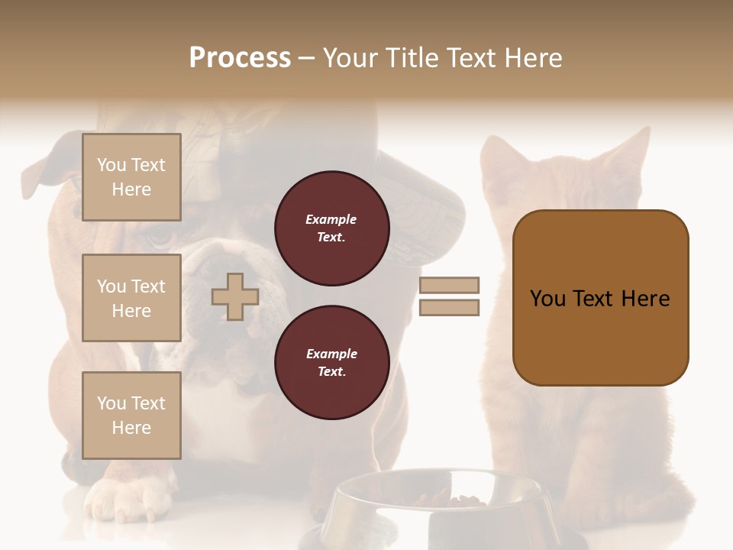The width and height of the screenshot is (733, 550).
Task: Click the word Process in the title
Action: tap(240, 58)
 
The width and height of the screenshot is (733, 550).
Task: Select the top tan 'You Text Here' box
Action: tap(131, 177)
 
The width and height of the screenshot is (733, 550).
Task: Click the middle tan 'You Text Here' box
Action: tap(131, 298)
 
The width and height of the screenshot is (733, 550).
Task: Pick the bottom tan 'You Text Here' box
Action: tap(131, 416)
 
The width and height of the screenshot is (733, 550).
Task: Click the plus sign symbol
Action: tap(235, 296)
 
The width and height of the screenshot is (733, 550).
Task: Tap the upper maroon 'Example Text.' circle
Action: tap(331, 228)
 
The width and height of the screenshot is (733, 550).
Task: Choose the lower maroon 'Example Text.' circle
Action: tap(331, 363)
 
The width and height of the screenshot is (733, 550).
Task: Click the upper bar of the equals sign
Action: tap(449, 285)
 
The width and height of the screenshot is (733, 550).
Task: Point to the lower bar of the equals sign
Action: tap(449, 307)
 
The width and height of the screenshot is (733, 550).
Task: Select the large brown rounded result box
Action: tap(600, 298)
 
